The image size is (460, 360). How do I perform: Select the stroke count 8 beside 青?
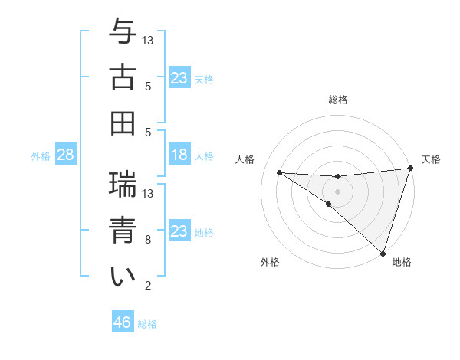coord(148,240)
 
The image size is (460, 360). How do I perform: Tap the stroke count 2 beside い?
coord(148,286)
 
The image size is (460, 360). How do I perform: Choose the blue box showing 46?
coord(123,322)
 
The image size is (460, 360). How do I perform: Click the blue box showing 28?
coord(65,155)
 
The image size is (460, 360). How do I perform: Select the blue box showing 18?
coord(179,155)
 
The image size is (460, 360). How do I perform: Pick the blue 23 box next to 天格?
coord(179,78)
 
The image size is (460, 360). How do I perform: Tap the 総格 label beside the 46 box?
coord(147,324)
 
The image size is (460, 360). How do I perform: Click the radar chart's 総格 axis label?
coord(338,100)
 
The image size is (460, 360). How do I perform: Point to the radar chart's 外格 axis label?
coord(270,263)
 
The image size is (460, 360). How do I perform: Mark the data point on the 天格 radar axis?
coord(410,169)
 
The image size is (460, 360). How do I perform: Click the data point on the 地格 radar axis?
coord(383,253)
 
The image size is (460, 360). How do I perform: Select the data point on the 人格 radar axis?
coord(279,172)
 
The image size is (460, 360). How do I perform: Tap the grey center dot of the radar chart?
coord(337,190)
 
